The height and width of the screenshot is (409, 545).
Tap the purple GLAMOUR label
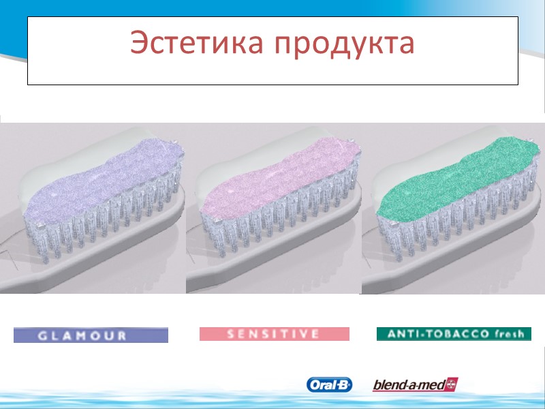coord(91,335)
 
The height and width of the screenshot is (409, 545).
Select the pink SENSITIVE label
coord(274,334)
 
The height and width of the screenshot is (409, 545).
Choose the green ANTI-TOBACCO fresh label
coord(454,334)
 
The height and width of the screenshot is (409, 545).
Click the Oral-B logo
coord(330,385)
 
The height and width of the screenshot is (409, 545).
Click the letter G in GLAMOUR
coord(42,335)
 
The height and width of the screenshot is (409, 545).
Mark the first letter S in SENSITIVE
coord(230,334)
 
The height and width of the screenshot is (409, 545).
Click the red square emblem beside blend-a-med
coord(451,384)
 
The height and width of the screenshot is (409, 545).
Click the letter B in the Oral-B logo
coord(344,385)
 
